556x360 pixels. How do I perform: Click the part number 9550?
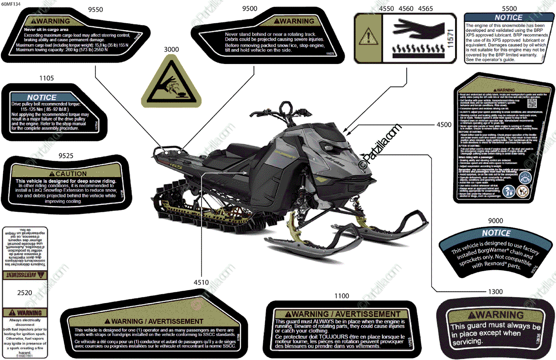tap(95, 9)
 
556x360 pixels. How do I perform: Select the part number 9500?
tap(250, 9)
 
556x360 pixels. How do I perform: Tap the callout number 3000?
tap(171, 49)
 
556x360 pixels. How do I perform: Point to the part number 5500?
tap(509, 9)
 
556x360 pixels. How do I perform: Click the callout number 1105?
tap(47, 79)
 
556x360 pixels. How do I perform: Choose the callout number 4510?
tap(201, 282)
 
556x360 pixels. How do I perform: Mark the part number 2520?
tap(24, 293)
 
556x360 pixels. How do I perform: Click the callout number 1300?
tap(495, 291)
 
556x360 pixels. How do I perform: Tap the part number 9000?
tap(496, 221)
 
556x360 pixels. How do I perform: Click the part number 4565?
tap(425, 9)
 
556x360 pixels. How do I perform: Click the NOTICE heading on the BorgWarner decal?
tap(496, 234)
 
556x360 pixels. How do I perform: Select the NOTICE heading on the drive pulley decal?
tap(42, 97)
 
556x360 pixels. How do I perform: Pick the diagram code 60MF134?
tap(11, 3)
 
